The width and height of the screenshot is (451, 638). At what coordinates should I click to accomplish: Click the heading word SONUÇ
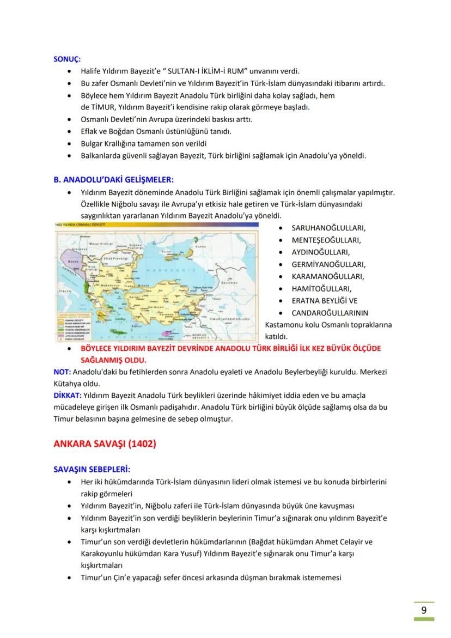coord(66,60)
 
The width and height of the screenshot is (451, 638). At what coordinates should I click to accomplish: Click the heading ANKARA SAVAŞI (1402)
coord(104,443)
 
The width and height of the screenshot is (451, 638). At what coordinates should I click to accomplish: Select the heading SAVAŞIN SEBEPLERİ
coord(92,469)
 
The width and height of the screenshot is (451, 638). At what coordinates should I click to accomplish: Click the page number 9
coord(424,610)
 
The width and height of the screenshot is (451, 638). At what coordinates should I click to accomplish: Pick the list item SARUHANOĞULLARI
coord(328,228)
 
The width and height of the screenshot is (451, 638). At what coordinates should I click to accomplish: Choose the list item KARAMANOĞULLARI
coord(328,276)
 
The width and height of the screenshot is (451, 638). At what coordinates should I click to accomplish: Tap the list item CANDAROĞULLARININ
coord(330,313)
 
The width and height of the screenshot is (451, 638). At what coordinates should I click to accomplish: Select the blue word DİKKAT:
coord(66,395)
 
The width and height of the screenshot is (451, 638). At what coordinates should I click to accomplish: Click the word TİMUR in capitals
coord(102,107)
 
